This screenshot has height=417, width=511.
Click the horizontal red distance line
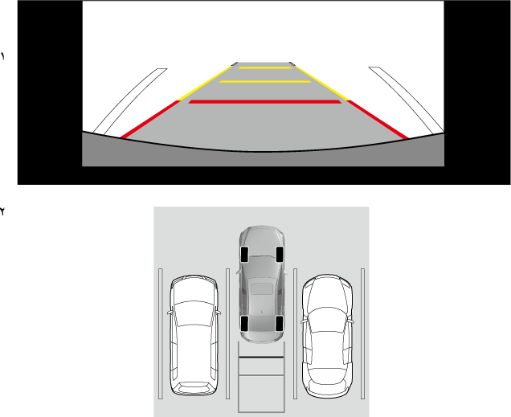click(x=265, y=102)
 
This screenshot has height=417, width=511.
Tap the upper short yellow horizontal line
click(x=265, y=67)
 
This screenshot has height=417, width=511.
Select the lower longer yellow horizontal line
click(x=265, y=81)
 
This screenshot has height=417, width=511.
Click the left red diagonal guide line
click(x=150, y=119)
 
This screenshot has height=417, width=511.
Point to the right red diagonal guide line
click(x=378, y=119)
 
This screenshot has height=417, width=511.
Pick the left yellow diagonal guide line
click(x=205, y=83)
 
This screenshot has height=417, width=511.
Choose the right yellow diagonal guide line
click(x=321, y=83)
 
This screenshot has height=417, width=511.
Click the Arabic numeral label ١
click(x=3, y=56)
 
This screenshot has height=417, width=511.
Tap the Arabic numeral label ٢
click(x=2, y=211)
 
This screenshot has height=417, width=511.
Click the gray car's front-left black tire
click(x=244, y=254)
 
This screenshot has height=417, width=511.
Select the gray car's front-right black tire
click(x=280, y=254)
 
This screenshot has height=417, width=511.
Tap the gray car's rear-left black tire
click(x=244, y=324)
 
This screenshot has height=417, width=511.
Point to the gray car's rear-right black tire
click(x=280, y=324)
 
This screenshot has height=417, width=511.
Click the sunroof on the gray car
click(x=262, y=288)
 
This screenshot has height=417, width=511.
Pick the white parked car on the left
click(x=194, y=335)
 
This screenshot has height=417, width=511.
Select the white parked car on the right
click(x=327, y=336)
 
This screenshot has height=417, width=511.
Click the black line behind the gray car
click(x=261, y=358)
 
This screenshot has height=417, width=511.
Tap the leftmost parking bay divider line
click(x=161, y=333)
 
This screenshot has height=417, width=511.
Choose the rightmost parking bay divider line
click(x=362, y=333)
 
